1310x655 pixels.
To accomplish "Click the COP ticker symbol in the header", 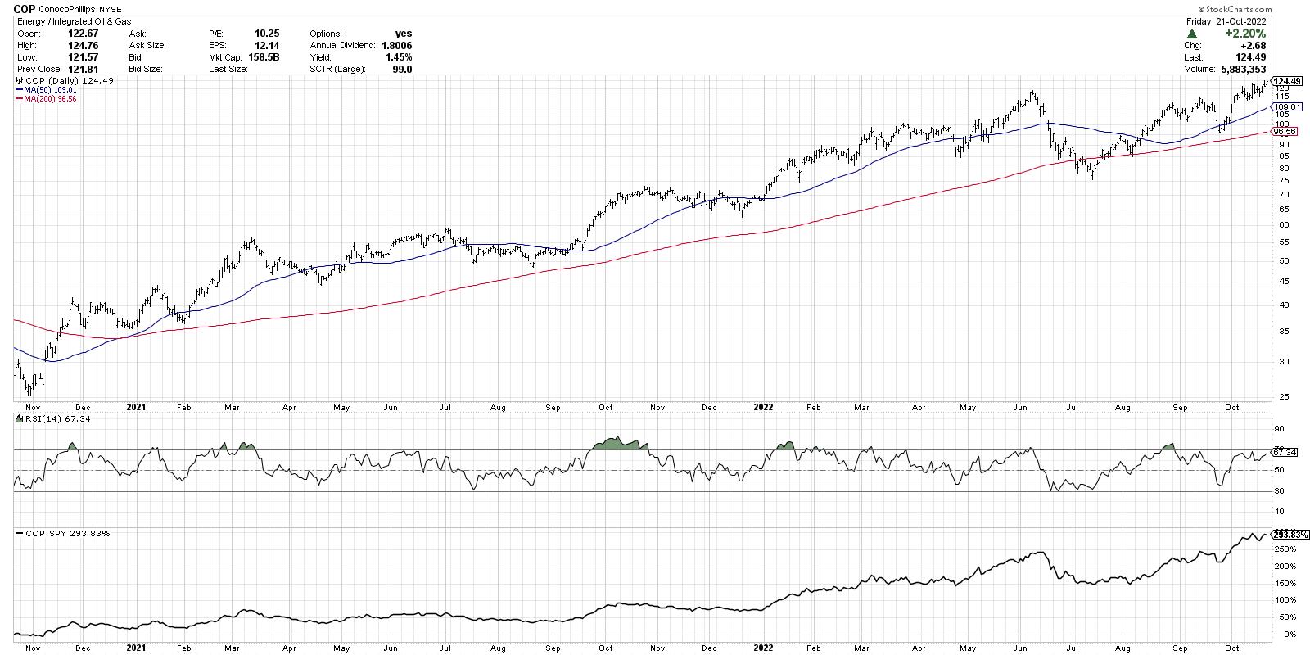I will pyautogui.click(x=25, y=8).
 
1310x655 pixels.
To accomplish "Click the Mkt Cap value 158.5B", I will pyautogui.click(x=264, y=57).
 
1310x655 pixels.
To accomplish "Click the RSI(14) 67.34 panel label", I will pyautogui.click(x=45, y=419).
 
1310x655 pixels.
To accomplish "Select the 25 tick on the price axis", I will pyautogui.click(x=1279, y=397).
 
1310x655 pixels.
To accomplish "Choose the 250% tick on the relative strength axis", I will pyautogui.click(x=1283, y=549).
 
